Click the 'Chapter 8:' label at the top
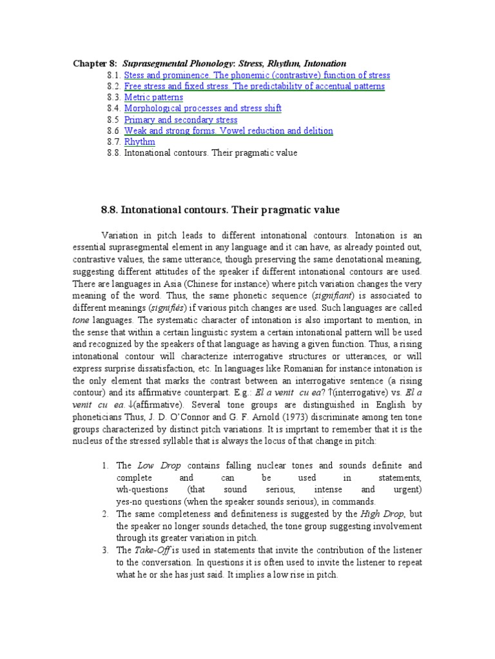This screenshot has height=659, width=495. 95,64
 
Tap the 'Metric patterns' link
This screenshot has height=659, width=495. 153,97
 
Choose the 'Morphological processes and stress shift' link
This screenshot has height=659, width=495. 202,108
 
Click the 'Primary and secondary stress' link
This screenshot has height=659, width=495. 180,120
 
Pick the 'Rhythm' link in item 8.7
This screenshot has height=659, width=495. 139,142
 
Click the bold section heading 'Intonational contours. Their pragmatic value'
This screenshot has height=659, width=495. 220,210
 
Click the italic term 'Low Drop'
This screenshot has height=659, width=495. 155,465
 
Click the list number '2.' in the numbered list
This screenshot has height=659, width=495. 106,514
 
